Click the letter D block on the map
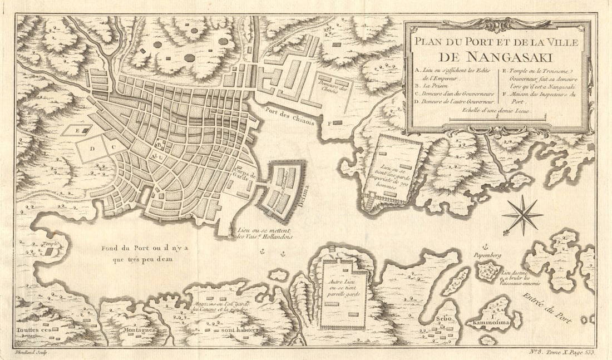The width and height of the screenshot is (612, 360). [x=92, y=149]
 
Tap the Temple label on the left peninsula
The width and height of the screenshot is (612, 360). [x=49, y=244]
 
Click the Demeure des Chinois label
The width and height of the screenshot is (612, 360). [x=334, y=87]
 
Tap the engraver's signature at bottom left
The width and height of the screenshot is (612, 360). [x=33, y=352]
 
